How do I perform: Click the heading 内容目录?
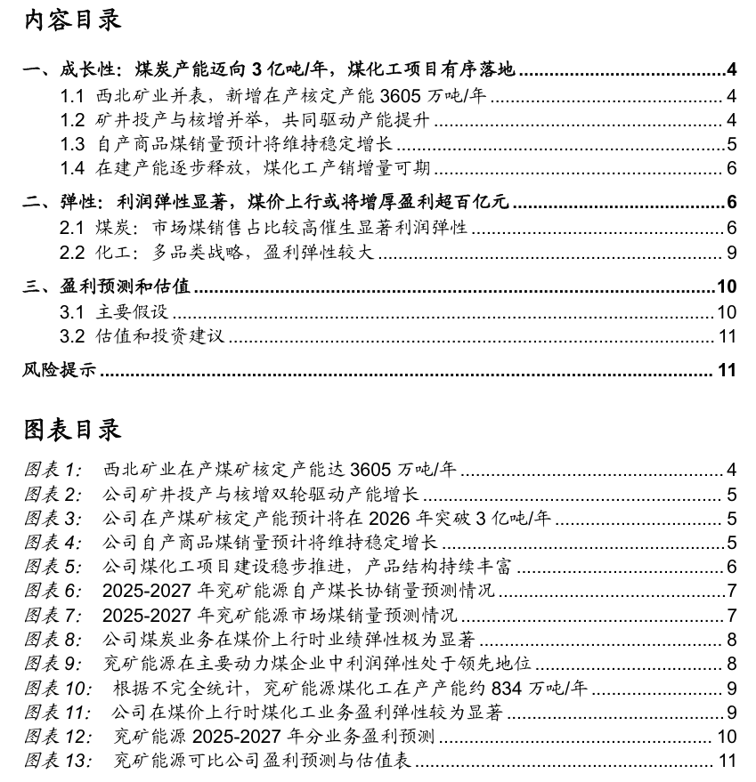(x=71, y=20)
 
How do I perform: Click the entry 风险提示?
(x=59, y=370)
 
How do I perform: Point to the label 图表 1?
(x=53, y=471)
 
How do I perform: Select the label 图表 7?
(x=53, y=616)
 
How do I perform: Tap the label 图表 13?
(x=56, y=761)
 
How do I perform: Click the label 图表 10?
(x=56, y=688)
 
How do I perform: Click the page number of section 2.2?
(x=730, y=253)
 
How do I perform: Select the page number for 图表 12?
(x=727, y=737)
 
